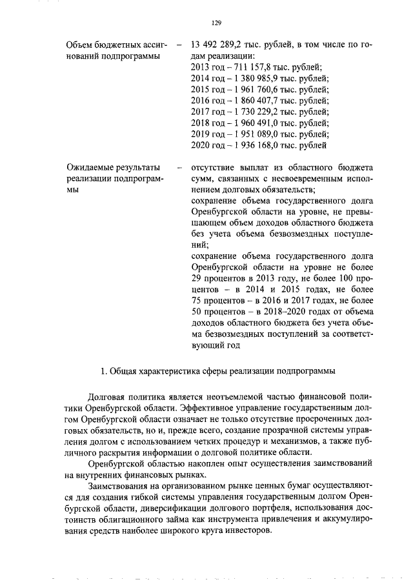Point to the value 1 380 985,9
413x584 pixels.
pos(254,78)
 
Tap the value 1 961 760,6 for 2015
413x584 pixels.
pos(254,89)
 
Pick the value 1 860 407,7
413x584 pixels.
pos(254,101)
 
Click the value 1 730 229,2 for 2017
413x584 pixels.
pos(254,112)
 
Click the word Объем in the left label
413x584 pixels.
pos(82,45)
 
